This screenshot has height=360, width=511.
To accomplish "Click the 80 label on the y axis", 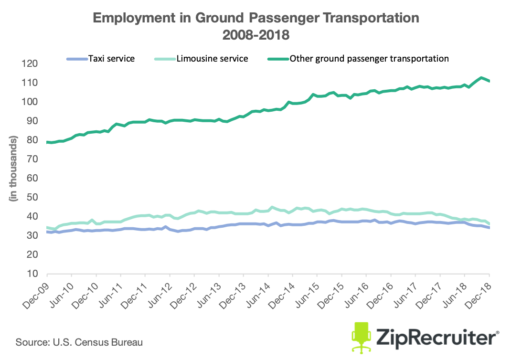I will (32, 140).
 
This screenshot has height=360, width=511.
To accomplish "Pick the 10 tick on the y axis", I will (32, 274).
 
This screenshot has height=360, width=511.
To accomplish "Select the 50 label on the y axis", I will (32, 198).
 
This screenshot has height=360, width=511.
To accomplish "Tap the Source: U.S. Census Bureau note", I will (79, 342).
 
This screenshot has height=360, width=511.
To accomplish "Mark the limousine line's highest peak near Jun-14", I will (272, 207).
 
